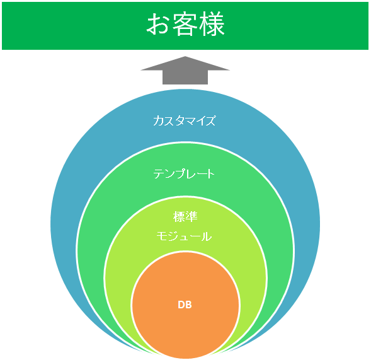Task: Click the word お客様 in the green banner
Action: tap(185, 24)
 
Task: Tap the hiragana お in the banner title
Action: tap(157, 25)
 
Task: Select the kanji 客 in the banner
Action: tap(185, 24)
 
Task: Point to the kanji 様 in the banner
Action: tap(212, 24)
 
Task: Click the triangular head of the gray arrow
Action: tap(185, 64)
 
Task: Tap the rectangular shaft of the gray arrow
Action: tap(185, 78)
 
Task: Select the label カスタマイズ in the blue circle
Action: tap(185, 120)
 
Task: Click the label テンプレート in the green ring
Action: tap(184, 174)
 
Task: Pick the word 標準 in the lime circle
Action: tap(185, 216)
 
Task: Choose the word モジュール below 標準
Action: tap(184, 236)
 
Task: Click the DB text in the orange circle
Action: tap(185, 305)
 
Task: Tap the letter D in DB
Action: tap(181, 305)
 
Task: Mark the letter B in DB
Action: tap(188, 305)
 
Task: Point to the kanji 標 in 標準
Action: tap(179, 216)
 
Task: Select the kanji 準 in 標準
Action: tap(191, 216)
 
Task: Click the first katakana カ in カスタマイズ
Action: tap(158, 120)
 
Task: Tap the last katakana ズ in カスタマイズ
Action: tap(210, 120)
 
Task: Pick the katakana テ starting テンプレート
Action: tap(158, 174)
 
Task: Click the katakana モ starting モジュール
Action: tap(162, 236)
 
